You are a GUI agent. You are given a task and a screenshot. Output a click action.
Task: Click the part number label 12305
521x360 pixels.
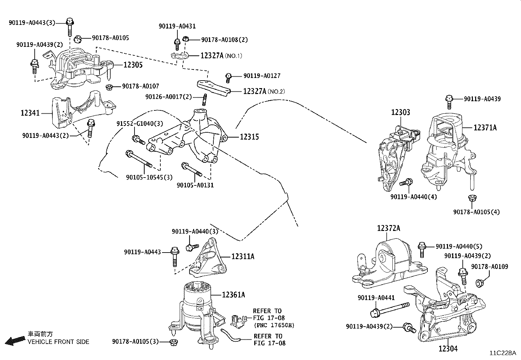133,65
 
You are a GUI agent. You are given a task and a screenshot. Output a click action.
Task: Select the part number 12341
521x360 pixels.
30,113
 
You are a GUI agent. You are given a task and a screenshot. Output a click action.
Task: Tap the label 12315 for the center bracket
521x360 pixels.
249,137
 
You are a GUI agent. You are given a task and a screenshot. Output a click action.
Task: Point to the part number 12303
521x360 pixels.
400,112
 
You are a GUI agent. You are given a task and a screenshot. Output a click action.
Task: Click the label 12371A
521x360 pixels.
485,128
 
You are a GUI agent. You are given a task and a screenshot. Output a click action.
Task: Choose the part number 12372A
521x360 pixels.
389,228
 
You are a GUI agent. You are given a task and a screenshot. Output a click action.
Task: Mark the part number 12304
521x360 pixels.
448,349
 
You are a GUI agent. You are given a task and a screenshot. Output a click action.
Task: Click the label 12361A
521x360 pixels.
234,295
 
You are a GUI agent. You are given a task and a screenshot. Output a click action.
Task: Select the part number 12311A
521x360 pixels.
243,256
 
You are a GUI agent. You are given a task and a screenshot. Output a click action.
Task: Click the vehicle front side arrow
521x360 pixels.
15,341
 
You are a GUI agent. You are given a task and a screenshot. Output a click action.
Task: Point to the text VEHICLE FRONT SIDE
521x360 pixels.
58,342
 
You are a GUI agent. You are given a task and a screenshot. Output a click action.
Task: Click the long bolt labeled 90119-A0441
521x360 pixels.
389,310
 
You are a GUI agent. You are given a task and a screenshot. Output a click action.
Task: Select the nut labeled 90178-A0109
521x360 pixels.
479,283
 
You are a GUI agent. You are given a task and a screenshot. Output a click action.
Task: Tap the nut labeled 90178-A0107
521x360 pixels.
109,87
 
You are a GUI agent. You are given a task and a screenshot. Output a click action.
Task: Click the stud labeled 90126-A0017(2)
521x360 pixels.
205,100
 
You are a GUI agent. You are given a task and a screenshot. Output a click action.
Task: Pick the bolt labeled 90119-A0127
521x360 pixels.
228,78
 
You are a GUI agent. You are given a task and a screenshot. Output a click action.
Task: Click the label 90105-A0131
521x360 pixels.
195,185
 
